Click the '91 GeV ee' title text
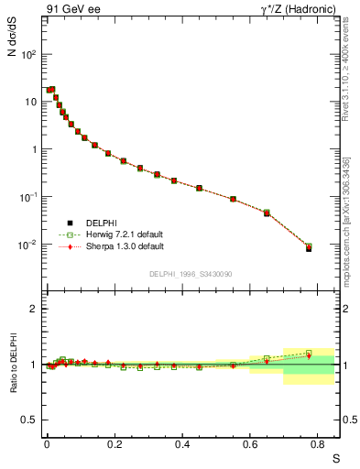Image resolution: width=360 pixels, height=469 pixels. tap(70, 10)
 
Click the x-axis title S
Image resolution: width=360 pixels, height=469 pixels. tap(335, 457)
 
